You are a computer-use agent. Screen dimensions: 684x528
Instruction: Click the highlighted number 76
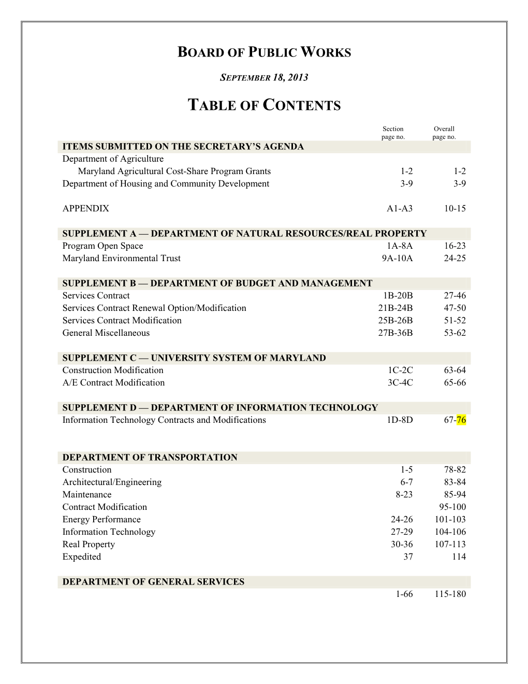pos(461,420)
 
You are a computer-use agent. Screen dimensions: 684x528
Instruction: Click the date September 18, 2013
pos(264,78)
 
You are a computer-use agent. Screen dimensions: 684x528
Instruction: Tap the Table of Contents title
pos(264,105)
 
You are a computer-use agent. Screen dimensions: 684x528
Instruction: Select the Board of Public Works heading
pos(264,52)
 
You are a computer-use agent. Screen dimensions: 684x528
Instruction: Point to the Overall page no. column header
pos(444,133)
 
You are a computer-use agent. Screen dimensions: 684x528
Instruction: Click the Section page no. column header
pos(393,133)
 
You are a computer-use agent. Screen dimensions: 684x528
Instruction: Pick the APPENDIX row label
pos(86,209)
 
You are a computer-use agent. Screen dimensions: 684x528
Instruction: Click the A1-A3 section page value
pos(400,209)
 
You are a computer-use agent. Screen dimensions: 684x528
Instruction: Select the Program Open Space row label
pos(102,246)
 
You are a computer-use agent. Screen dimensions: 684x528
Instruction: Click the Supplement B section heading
pos(217,283)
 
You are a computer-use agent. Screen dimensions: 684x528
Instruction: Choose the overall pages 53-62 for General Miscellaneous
pos(454,333)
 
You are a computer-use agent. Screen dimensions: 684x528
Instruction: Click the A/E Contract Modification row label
pos(113,383)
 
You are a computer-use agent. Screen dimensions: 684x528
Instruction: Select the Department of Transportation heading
pos(150,458)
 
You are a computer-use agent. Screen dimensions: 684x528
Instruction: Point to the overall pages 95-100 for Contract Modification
pos(452,507)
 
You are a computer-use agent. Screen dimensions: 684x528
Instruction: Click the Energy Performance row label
pos(101,520)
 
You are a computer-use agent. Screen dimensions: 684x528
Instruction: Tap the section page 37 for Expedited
pos(408,557)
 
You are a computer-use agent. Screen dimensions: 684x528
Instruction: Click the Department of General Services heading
pos(153,582)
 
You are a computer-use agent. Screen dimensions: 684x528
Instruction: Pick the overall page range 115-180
pos(450,594)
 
